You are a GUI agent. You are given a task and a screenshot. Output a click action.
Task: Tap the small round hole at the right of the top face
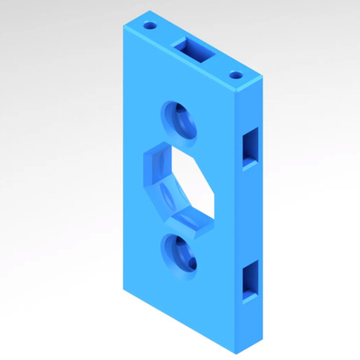[x=235, y=74]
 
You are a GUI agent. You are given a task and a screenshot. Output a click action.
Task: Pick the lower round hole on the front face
[x=179, y=254]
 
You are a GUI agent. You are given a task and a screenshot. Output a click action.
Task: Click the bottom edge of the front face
[x=180, y=322]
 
